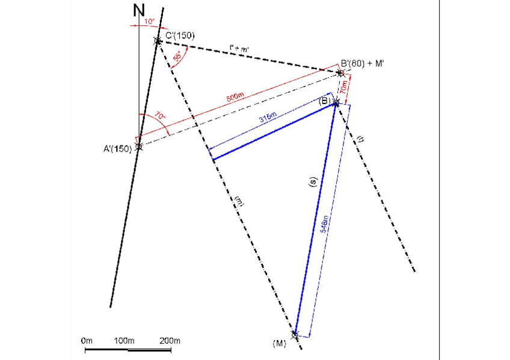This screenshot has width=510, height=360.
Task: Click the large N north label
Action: coord(139,11)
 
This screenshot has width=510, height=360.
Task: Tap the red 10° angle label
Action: coord(150,22)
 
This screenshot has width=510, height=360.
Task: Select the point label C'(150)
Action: coord(180,35)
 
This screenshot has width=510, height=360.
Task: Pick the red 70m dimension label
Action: coord(343,87)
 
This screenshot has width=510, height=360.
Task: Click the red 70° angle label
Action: coord(160,116)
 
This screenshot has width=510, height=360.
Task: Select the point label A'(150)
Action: coord(117,149)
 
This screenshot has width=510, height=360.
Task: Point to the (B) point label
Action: coord(325,101)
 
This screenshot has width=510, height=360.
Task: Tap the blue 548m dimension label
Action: coord(324,224)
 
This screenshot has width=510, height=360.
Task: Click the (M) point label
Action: coord(279,343)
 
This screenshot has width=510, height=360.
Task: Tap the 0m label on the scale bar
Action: coord(87,341)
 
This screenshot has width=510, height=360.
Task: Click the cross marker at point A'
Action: coord(139,146)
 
